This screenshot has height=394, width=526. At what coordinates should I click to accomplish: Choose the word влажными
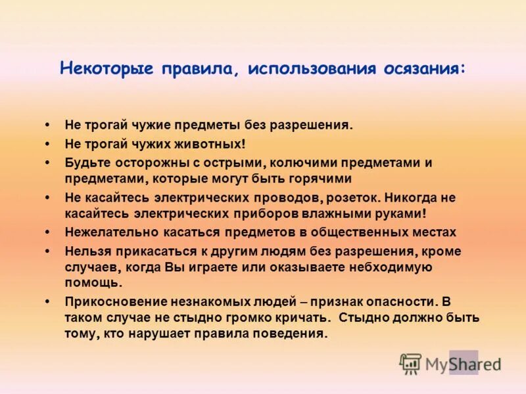(x=342, y=213)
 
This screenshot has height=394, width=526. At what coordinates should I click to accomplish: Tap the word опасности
(x=402, y=301)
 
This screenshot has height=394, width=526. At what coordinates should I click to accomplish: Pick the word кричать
(x=299, y=318)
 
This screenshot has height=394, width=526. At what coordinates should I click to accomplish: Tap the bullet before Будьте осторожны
(x=48, y=162)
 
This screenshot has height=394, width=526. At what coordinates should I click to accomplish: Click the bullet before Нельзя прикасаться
(x=48, y=252)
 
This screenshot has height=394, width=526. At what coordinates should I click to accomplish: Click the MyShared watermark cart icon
(x=410, y=363)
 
